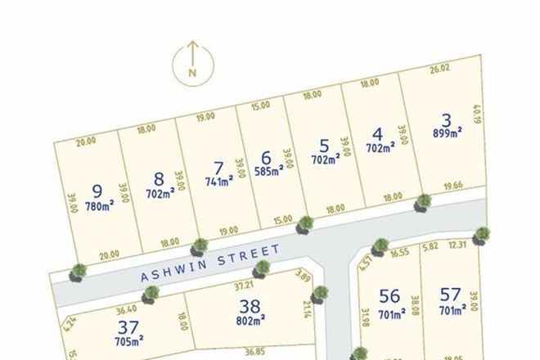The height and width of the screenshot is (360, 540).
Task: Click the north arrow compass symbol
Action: tap(193, 63)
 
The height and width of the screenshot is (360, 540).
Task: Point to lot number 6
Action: tap(265, 157)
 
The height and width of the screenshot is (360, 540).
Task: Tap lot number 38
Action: tap(250, 307)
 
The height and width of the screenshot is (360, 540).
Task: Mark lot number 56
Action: tap(389, 296)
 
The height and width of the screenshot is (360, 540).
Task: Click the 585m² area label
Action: tap(268, 172)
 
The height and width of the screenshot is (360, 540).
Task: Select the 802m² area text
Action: tap(250, 323)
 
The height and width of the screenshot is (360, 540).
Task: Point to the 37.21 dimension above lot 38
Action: tap(244, 286)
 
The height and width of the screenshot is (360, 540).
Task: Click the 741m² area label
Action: tap(219, 181)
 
